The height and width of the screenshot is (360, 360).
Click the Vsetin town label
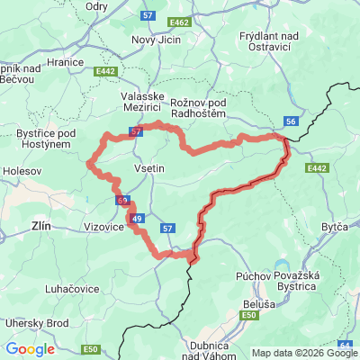(x=148, y=168)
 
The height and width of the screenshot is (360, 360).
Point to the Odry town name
(x=96, y=5)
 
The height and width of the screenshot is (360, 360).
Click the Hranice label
(x=67, y=61)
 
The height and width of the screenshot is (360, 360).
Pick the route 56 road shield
(x=290, y=121)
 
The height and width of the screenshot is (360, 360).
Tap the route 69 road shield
(x=121, y=201)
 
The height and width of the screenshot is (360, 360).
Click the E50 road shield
(x=89, y=348)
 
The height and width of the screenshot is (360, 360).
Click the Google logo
(x=30, y=348)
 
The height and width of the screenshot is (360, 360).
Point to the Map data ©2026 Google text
(x=304, y=353)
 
